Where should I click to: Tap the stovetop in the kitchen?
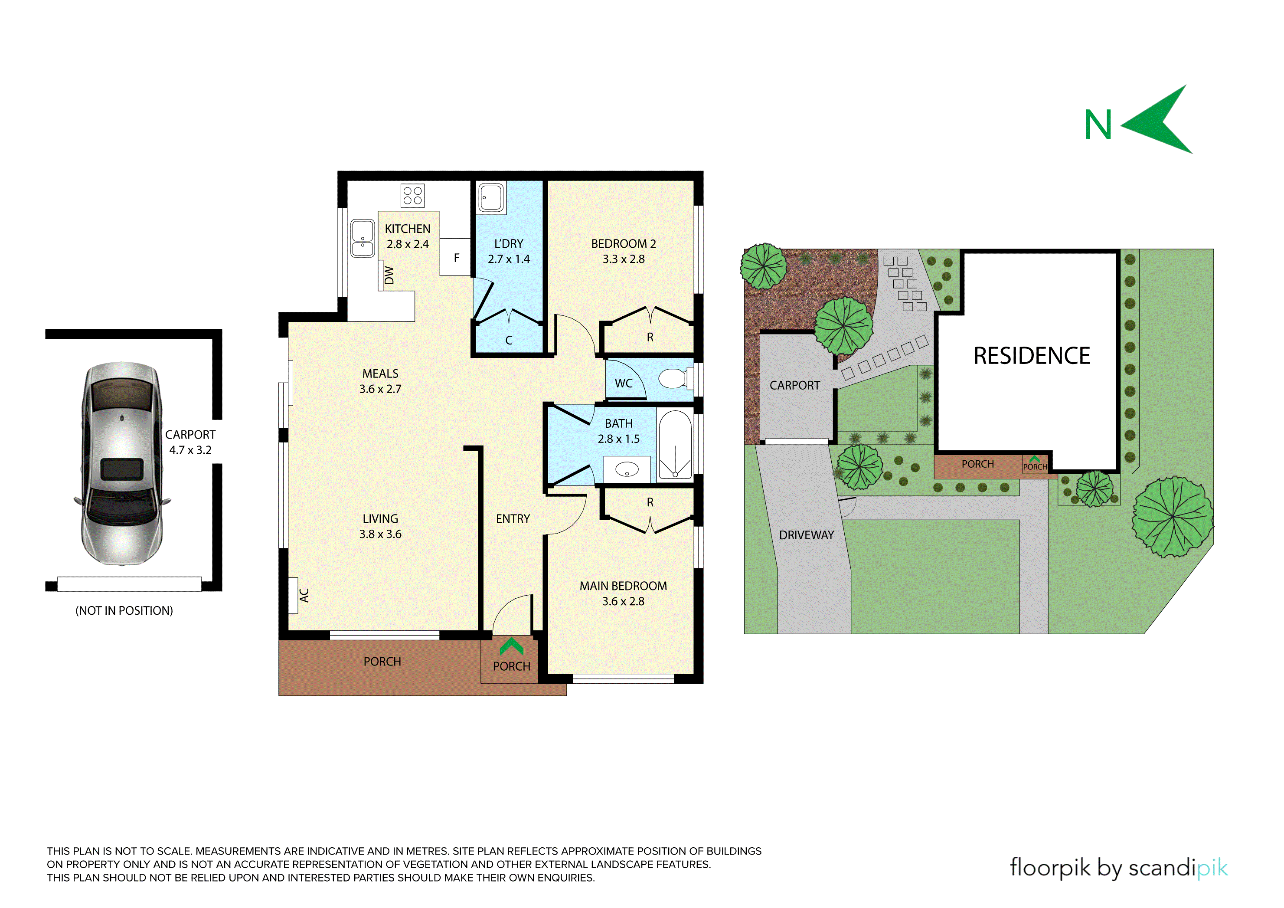(413, 195)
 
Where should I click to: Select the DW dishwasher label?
(389, 275)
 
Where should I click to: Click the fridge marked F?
(455, 257)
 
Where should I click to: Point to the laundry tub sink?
(491, 197)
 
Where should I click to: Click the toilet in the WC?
(676, 379)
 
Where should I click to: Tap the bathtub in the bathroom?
(676, 445)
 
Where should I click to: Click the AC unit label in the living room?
(304, 595)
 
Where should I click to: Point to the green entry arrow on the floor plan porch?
(511, 647)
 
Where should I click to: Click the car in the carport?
(122, 462)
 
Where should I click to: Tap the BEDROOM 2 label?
(624, 244)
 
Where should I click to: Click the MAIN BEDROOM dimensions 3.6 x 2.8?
(623, 601)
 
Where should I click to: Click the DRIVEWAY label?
(807, 535)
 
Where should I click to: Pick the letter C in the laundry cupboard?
(509, 340)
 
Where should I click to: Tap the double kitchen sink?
(363, 238)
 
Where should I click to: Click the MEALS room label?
(380, 374)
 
